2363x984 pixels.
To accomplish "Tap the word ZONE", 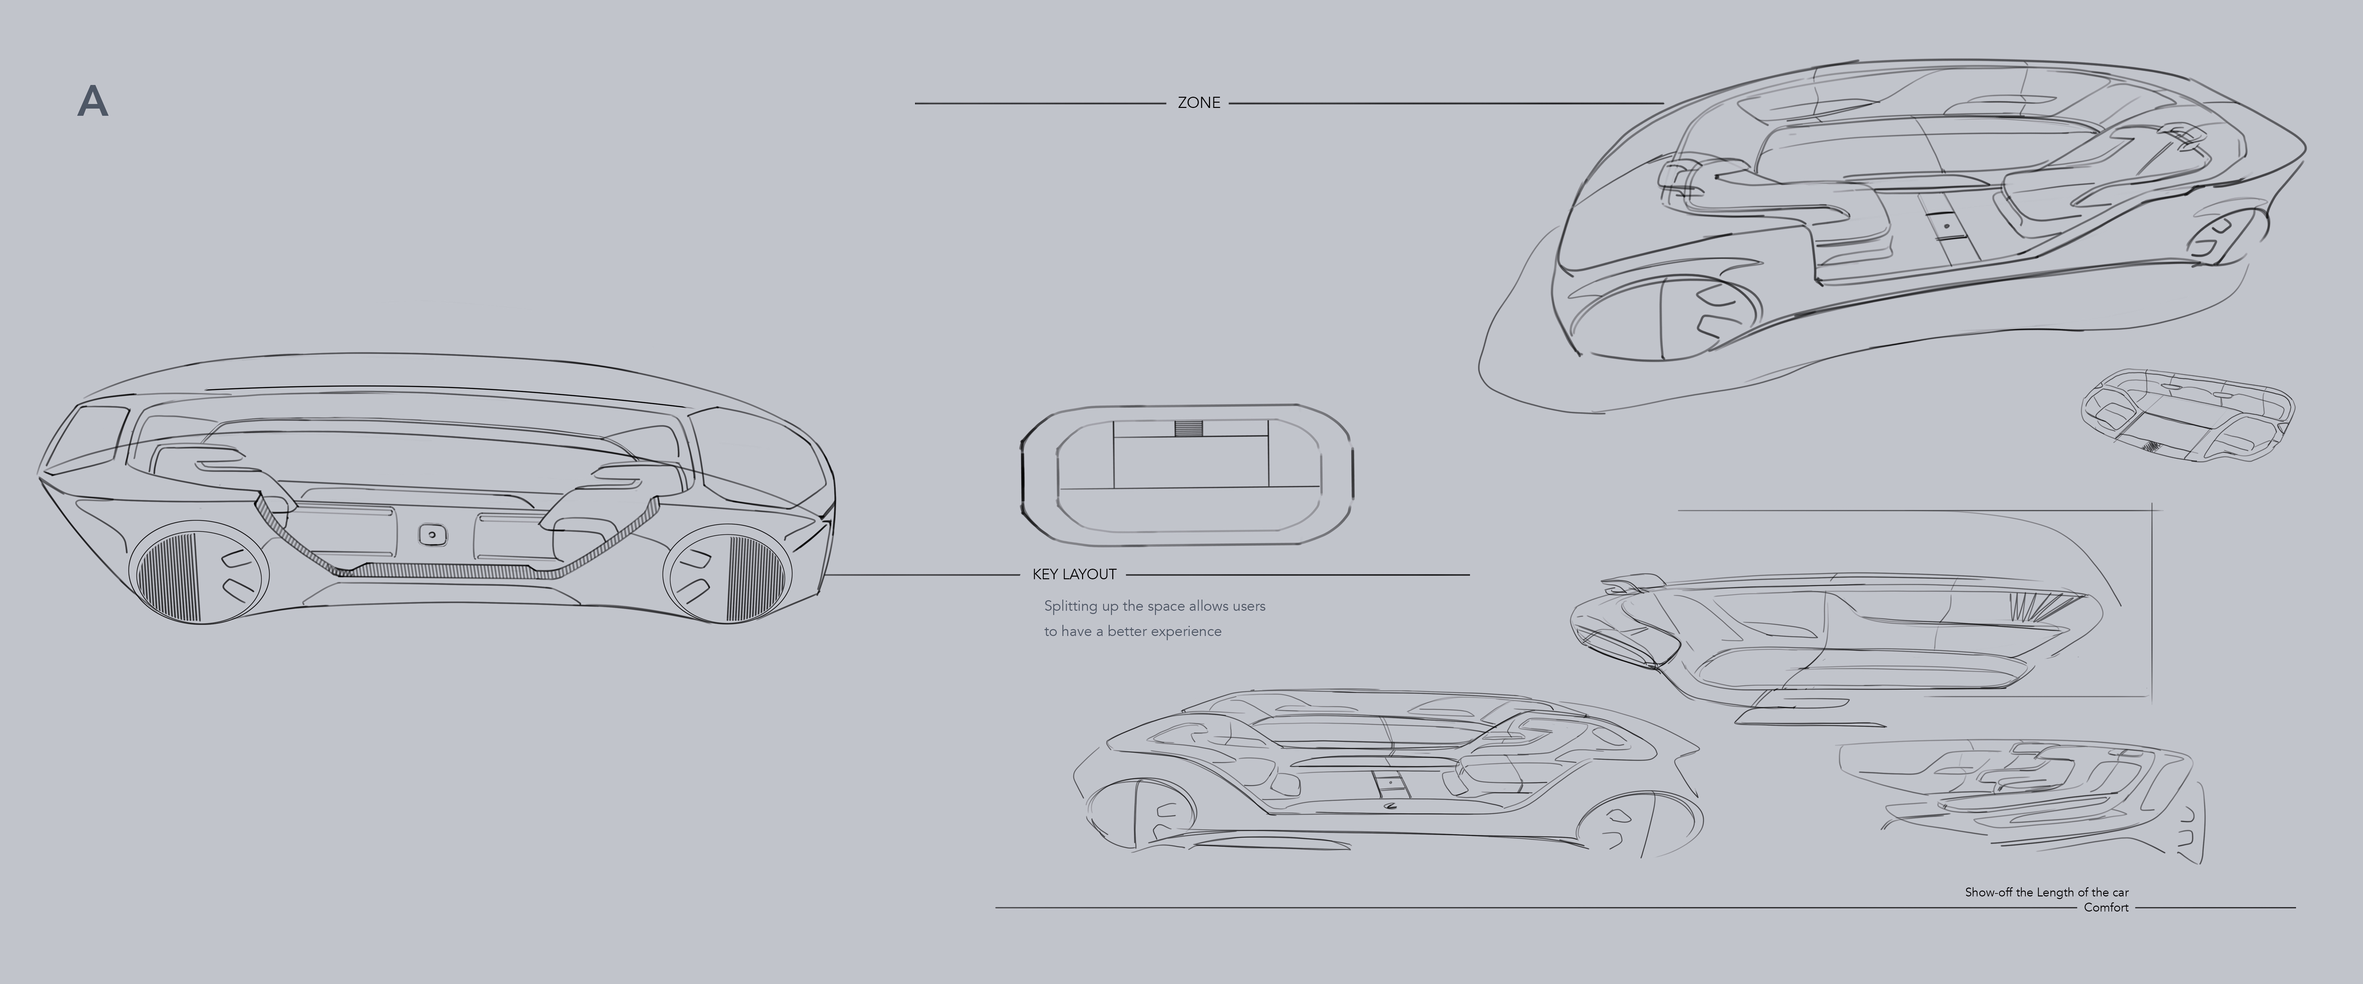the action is [1198, 103].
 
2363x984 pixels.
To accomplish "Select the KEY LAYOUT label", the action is [1074, 574].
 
